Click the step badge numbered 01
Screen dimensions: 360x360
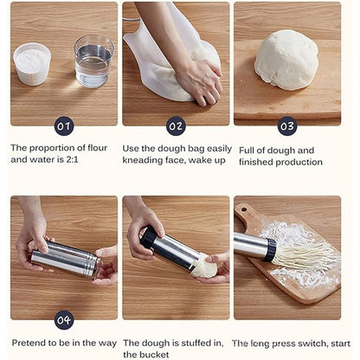coord(64,126)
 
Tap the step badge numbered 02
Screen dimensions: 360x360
coord(176,126)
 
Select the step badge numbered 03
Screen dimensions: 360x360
coord(287,126)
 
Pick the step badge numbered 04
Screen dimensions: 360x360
coord(64,320)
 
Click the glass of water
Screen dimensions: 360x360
coord(93,61)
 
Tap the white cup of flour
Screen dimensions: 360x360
coord(32,64)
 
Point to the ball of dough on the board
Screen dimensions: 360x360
coord(286,60)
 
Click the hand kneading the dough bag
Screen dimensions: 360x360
coord(199,81)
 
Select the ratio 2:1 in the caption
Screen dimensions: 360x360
coord(72,159)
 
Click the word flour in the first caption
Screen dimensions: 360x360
coord(97,148)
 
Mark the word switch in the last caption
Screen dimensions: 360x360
coord(312,344)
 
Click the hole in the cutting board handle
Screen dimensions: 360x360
coord(244,209)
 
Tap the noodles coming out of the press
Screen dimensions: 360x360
coord(305,254)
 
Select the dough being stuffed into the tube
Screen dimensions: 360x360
coord(204,267)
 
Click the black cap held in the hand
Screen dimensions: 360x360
coord(149,237)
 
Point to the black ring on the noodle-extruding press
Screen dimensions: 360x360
coord(270,250)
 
